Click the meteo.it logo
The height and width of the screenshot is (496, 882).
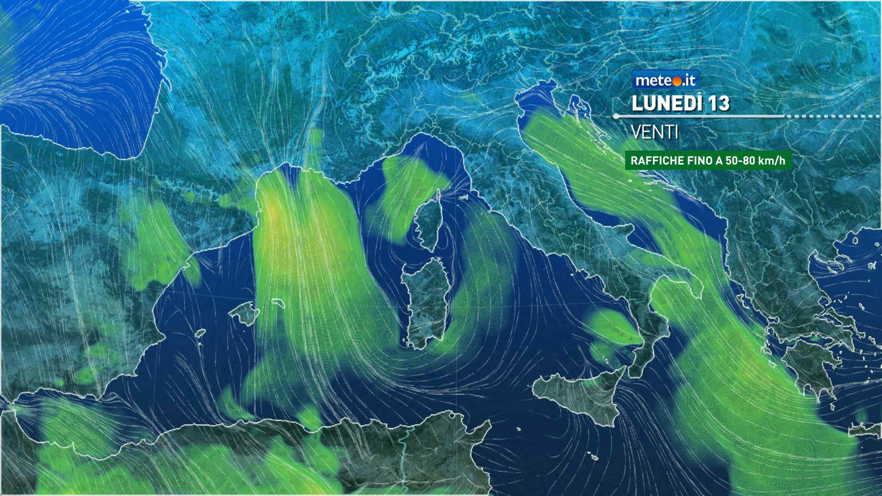point(665,80)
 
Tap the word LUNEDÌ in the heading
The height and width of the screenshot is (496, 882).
point(667,103)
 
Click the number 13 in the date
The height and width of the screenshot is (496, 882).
point(718,103)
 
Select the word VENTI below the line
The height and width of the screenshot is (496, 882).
point(655,133)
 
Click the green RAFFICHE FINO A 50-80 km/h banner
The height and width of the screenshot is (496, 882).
point(708,161)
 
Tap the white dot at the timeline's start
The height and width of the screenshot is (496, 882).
point(616,117)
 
